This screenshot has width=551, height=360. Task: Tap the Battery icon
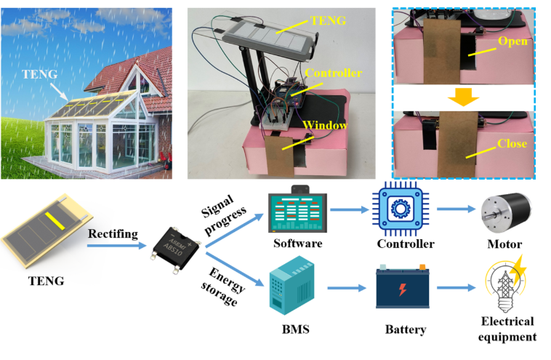(402, 285)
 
